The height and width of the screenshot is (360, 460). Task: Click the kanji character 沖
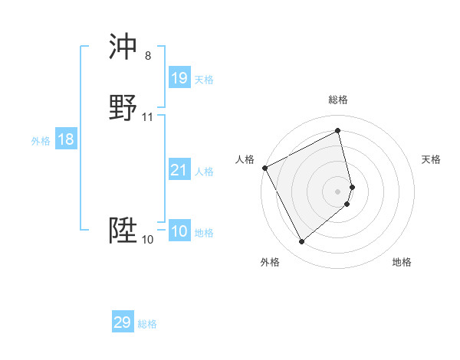pos(123,47)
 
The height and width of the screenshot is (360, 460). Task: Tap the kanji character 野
pos(123,108)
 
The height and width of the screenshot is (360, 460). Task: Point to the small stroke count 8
pos(148,57)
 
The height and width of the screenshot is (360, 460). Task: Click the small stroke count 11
pos(148,117)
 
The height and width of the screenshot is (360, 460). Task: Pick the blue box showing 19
pos(179,78)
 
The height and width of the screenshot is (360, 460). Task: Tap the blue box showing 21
pos(179,170)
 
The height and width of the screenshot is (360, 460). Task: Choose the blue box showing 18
pos(66,139)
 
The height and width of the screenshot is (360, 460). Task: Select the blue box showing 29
pos(123,322)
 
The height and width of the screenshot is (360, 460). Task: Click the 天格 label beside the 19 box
pos(204,80)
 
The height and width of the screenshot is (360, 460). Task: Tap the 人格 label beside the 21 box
pos(205,172)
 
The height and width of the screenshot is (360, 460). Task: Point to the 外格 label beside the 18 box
pos(41,141)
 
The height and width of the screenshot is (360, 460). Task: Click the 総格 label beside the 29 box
pos(148,324)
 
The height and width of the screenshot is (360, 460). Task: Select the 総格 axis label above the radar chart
pos(338,100)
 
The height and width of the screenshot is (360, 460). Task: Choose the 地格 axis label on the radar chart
pos(402,262)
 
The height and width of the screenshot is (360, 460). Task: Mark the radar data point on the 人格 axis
pos(264,167)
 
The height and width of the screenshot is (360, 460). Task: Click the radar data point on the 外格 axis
pos(301,242)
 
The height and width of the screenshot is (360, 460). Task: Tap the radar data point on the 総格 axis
pos(338,131)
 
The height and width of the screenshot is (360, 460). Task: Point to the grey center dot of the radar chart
pos(338,191)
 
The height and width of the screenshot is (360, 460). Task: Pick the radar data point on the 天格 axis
pos(352,186)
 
